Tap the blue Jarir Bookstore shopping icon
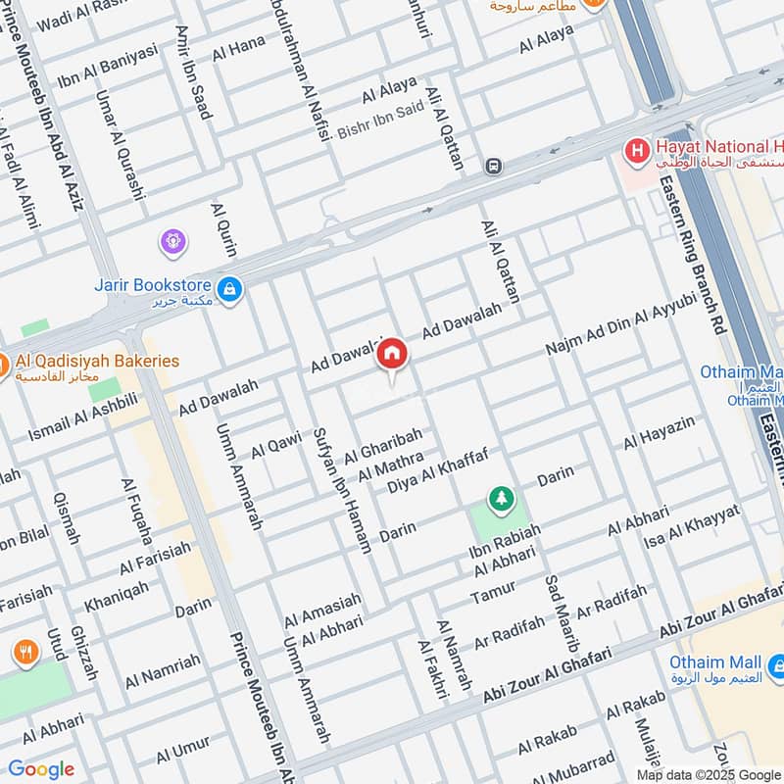[x=229, y=289]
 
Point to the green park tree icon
[x=501, y=499]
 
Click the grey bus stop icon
[x=493, y=167]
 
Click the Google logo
[x=41, y=769]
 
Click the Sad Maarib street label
[x=559, y=612]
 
